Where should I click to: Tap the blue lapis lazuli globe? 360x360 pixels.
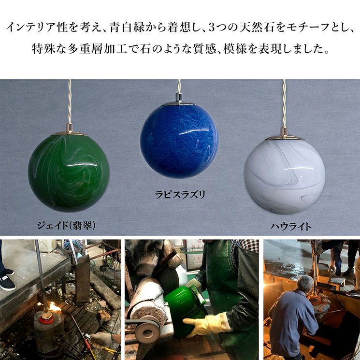pos(179,142)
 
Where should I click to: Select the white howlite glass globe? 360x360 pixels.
pos(285,177)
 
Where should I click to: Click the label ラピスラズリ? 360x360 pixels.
pos(180,195)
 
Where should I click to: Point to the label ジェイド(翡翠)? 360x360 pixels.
pos(66,226)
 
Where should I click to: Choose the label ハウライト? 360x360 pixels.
pos(290,227)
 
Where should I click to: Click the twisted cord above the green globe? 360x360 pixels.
pos(69,102)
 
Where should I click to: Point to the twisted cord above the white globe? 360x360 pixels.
pos(284,104)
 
